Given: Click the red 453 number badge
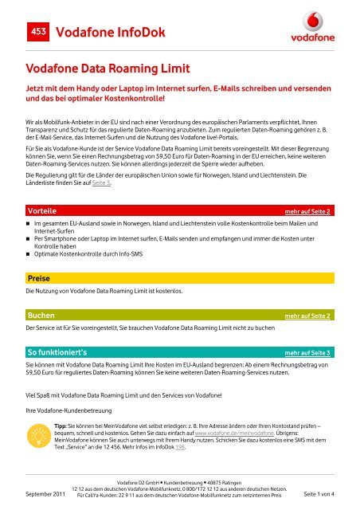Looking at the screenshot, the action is [37, 30].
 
